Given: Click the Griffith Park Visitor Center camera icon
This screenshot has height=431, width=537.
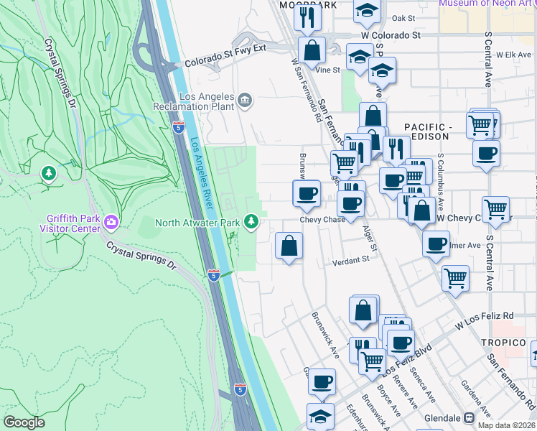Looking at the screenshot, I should tap(111, 220).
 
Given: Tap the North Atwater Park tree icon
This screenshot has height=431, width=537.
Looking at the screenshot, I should tap(251, 221).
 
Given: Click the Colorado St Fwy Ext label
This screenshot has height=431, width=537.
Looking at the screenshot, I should tap(225, 63).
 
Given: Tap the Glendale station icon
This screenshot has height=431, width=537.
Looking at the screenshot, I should tap(469, 417).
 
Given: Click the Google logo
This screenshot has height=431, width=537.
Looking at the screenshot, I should tap(24, 422).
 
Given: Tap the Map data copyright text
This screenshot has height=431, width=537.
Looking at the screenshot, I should tap(506, 425).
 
